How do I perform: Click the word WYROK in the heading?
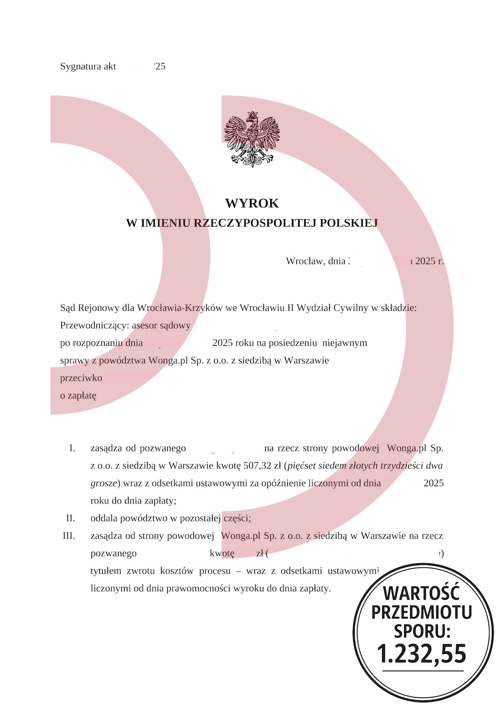[252, 203]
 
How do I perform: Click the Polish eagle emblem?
[252, 139]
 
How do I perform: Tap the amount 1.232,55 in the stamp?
[422, 653]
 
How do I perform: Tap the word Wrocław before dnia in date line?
[304, 261]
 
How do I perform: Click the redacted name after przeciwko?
[148, 378]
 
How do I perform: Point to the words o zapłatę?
[78, 396]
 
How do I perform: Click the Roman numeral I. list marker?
[72, 448]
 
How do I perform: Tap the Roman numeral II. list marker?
[70, 518]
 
